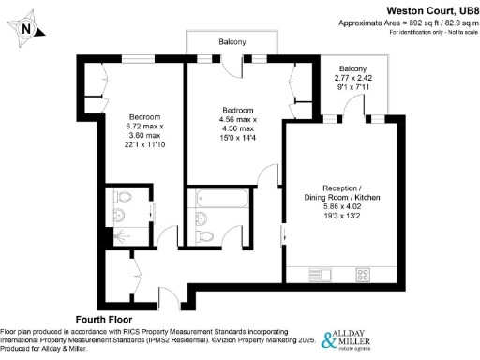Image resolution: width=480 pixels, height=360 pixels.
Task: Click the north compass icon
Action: point(27,28)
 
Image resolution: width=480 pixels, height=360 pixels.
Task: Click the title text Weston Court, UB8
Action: point(427,8)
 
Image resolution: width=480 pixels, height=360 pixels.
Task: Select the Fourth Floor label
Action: point(106,320)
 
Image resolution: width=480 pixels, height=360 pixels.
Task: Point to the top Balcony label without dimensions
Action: point(232,43)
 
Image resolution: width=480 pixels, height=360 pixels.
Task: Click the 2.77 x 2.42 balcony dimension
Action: point(352,79)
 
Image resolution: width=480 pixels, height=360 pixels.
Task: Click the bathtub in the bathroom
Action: point(219,199)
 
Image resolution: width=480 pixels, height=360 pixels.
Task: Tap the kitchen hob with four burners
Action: point(361,274)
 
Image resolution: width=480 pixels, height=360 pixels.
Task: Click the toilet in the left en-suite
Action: point(120,198)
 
